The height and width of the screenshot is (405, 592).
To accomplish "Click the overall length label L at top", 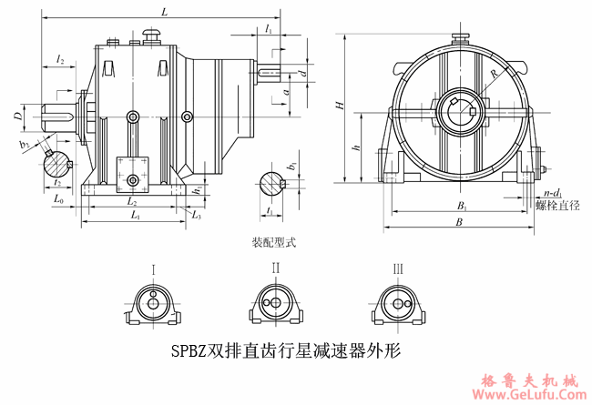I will click(164, 13).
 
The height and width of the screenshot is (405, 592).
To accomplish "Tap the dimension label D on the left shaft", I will click(17, 116).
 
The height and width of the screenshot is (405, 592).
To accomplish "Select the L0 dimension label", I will click(58, 197).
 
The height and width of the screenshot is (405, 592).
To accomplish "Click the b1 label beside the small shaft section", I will click(291, 167).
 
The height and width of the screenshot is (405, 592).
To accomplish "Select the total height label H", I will click(339, 106).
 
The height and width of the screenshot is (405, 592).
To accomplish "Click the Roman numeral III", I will click(398, 268).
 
